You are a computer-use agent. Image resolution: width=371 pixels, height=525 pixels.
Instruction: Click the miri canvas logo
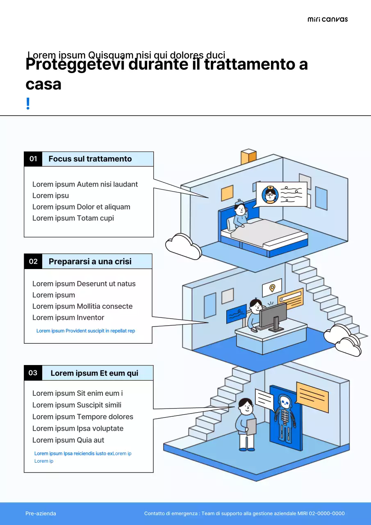pyautogui.click(x=328, y=19)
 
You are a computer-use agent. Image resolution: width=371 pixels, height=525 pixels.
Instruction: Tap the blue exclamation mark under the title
pyautogui.click(x=28, y=104)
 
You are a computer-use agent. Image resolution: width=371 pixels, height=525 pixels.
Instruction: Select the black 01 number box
pyautogui.click(x=33, y=159)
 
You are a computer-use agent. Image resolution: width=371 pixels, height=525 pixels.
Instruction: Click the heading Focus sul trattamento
pyautogui.click(x=90, y=159)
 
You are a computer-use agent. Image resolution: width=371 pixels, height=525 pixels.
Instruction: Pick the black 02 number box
pyautogui.click(x=33, y=261)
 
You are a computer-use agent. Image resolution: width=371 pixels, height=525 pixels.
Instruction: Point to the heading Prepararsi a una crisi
pyautogui.click(x=90, y=261)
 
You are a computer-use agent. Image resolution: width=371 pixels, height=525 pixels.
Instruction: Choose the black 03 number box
pyautogui.click(x=33, y=373)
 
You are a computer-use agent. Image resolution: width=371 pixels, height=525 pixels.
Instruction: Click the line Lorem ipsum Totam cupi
pyautogui.click(x=73, y=218)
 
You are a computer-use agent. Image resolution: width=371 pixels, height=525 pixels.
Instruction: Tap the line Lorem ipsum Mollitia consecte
pyautogui.click(x=82, y=306)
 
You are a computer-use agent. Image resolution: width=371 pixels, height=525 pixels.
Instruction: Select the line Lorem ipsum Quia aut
pyautogui.click(x=68, y=440)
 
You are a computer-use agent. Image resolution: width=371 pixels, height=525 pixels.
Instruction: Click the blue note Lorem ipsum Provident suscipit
pyautogui.click(x=86, y=331)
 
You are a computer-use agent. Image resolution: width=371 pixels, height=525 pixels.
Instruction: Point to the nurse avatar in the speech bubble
pyautogui.click(x=270, y=194)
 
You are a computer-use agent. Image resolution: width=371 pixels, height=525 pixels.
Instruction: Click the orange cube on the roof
pyautogui.click(x=248, y=157)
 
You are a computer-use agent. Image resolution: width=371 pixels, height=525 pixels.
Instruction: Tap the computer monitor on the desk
pyautogui.click(x=273, y=315)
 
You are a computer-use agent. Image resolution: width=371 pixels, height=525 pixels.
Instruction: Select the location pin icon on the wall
pyautogui.click(x=272, y=288)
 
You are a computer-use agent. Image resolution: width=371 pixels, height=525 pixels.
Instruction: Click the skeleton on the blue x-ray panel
pyautogui.click(x=284, y=416)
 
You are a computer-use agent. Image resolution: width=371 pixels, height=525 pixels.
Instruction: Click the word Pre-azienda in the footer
pyautogui.click(x=41, y=514)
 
